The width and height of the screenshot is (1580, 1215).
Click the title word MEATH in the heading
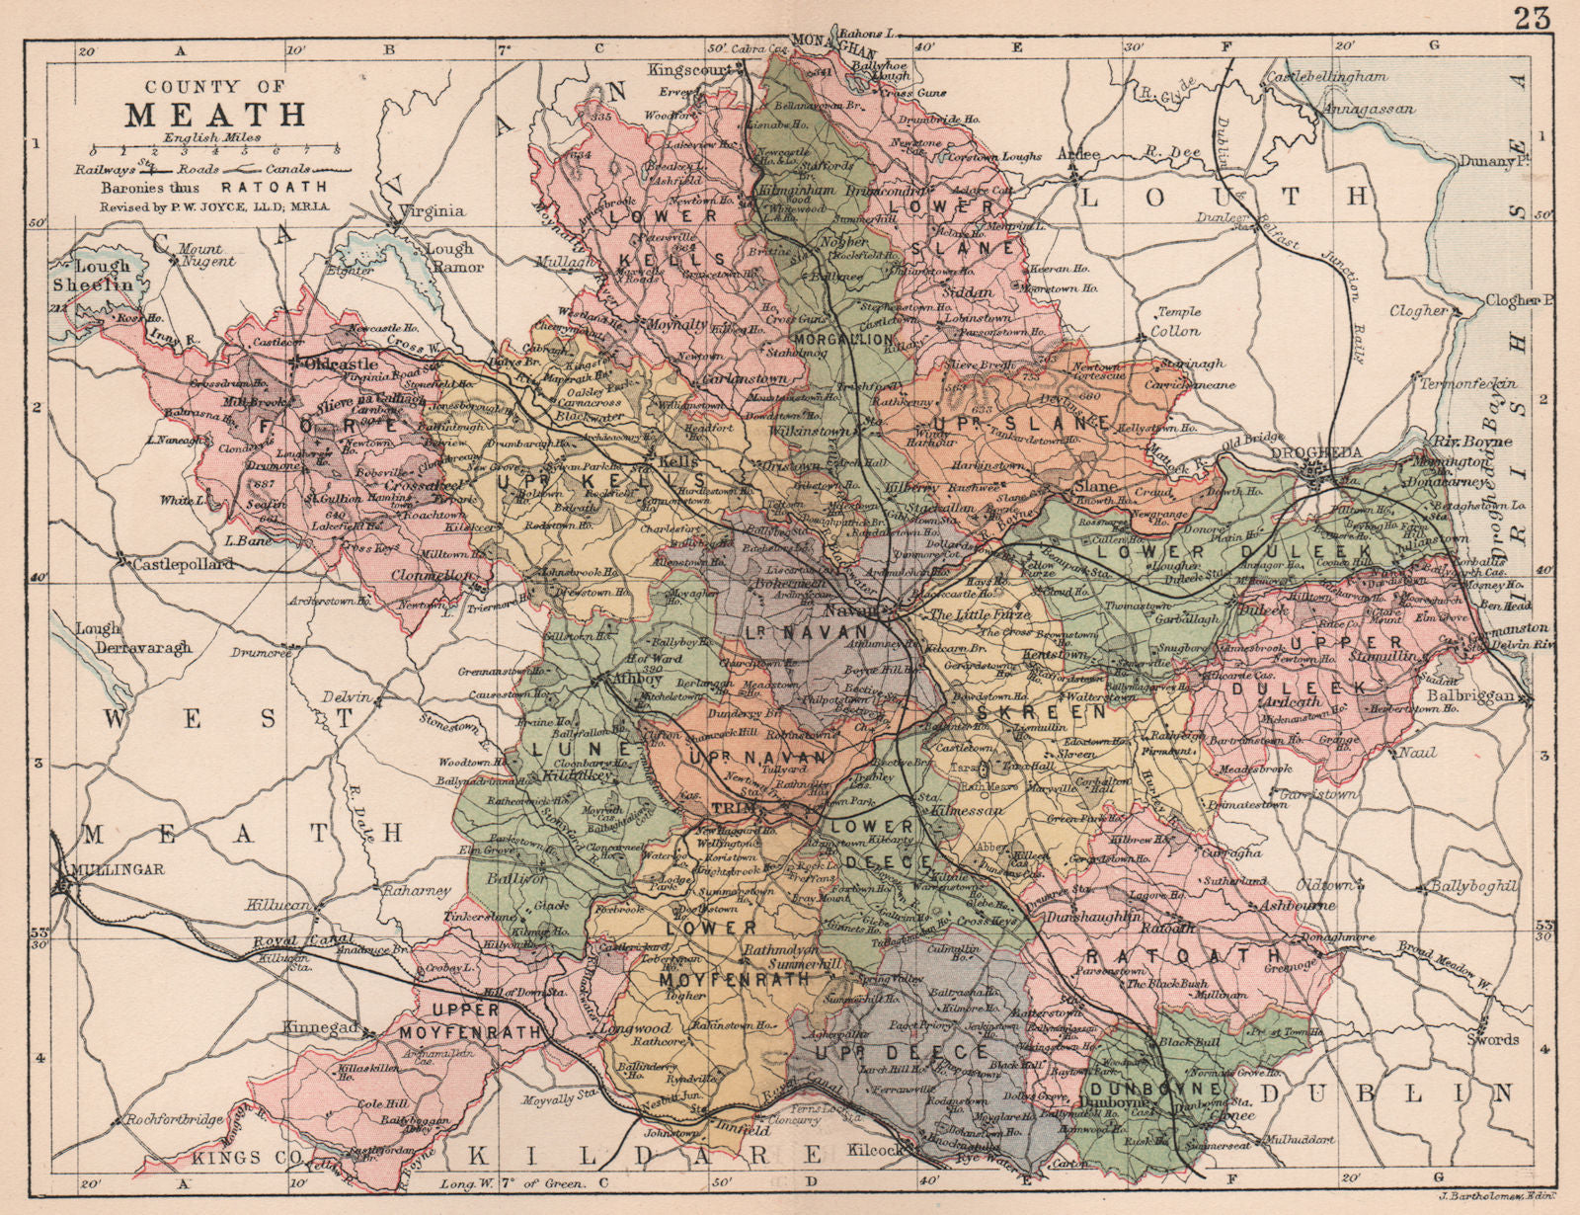coord(216,114)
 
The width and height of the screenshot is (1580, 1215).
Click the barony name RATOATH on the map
coord(1182,956)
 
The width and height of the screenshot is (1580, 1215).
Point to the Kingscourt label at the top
coord(689,70)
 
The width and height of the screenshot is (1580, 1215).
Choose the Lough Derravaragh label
coord(136,638)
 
